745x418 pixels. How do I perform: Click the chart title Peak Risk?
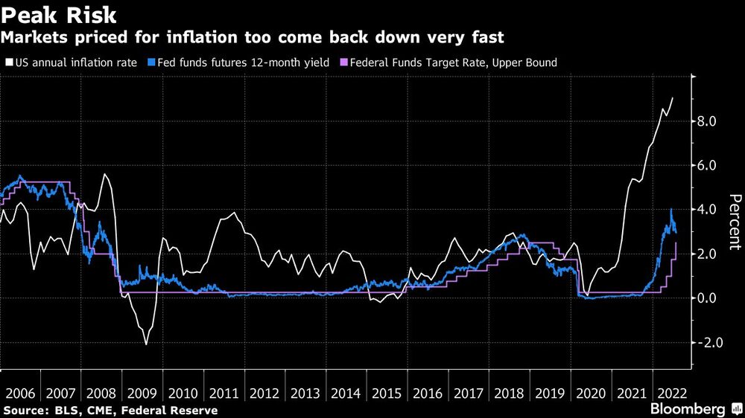pos(60,15)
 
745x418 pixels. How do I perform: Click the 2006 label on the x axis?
pos(19,393)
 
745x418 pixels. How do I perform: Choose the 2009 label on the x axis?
pos(141,393)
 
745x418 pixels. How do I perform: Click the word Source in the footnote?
pos(23,410)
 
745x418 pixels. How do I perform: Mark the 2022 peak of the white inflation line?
pos(673,97)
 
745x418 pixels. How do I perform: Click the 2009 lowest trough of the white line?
pos(146,344)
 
